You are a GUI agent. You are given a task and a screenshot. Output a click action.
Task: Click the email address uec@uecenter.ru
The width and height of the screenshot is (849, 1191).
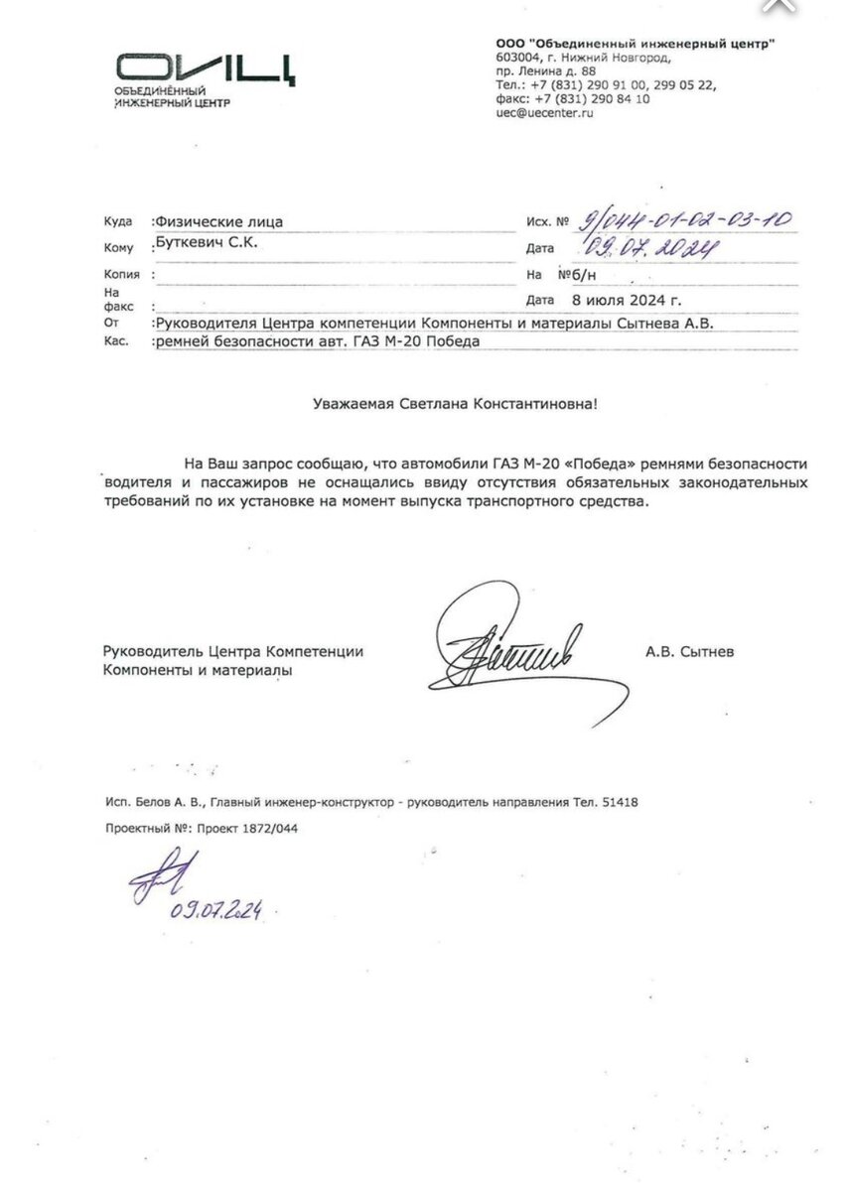coord(545,114)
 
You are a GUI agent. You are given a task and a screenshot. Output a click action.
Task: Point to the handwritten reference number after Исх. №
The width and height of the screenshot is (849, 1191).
coord(686,221)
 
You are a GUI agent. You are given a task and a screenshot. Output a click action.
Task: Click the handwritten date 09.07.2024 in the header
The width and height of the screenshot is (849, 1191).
coord(651,247)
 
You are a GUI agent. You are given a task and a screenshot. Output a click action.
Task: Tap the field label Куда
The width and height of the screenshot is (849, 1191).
coord(117,222)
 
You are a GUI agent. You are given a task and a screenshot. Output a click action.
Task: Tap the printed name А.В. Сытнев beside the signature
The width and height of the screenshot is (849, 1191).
coord(690,651)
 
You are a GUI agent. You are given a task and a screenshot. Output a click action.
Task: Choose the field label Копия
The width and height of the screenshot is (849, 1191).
coord(121,273)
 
